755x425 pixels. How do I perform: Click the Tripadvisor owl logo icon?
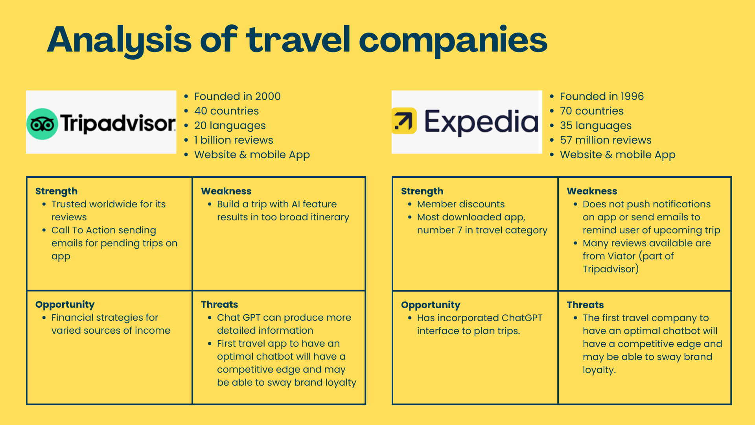(x=42, y=124)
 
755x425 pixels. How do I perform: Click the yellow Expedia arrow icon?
(x=404, y=121)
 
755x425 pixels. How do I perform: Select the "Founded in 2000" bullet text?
(x=237, y=96)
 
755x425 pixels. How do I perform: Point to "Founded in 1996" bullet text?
(x=602, y=96)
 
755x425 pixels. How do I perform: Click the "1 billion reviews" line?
(x=234, y=140)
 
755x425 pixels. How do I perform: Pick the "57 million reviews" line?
(x=606, y=140)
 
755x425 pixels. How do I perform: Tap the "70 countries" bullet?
(x=591, y=111)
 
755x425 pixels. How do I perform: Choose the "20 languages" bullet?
(x=230, y=126)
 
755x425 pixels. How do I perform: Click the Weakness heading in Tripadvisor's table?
(x=226, y=191)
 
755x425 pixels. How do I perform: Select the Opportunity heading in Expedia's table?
(x=431, y=305)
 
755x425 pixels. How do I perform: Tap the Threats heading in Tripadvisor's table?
(x=219, y=305)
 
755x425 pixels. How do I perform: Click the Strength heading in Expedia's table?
(x=422, y=192)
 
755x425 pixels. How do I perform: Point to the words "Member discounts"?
(x=460, y=204)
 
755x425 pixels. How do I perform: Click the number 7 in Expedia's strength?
(x=460, y=230)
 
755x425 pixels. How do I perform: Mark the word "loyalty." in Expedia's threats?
(x=599, y=370)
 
